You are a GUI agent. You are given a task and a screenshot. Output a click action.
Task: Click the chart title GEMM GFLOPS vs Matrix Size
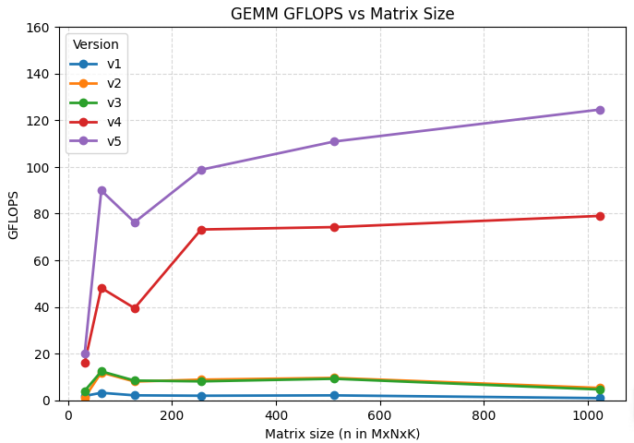(x=342, y=14)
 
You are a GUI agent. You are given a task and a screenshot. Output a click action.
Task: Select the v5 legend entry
(x=95, y=141)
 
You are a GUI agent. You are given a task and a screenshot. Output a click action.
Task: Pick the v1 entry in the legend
(x=95, y=64)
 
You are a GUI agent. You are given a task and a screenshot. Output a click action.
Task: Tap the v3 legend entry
(x=95, y=102)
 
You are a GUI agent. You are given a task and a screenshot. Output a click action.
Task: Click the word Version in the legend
(x=96, y=44)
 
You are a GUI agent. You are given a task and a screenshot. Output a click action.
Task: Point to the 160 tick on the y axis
(x=37, y=28)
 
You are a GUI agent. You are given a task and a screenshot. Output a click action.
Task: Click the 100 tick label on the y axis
(x=37, y=168)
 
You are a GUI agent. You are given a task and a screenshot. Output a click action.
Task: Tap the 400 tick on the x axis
(x=276, y=415)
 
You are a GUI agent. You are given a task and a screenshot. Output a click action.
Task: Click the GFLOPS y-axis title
(x=13, y=215)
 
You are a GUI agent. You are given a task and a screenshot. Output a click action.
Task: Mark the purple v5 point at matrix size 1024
(x=600, y=111)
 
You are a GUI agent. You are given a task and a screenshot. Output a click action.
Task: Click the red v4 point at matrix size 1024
(x=600, y=216)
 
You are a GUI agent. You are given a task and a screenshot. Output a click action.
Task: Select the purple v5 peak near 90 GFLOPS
(x=102, y=190)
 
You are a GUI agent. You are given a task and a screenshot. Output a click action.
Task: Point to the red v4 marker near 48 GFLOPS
(x=102, y=288)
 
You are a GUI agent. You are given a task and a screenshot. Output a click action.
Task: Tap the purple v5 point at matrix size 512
(x=334, y=141)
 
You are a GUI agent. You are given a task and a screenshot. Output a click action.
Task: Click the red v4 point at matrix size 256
(x=201, y=230)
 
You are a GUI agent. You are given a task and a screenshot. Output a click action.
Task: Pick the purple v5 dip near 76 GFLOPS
(x=135, y=222)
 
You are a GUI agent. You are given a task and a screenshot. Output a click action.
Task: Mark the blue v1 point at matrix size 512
(x=334, y=395)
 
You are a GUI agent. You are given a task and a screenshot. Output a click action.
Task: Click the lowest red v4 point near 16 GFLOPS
(x=85, y=363)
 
